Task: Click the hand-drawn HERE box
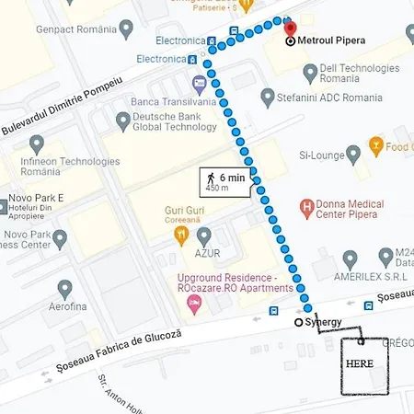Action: tap(360, 363)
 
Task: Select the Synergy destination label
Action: tap(323, 322)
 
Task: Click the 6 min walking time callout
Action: tap(225, 181)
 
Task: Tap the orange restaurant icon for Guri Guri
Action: tap(181, 236)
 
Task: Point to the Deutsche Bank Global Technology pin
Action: tap(123, 121)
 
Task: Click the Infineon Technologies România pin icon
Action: tap(37, 144)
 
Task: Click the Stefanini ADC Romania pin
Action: tap(268, 95)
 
